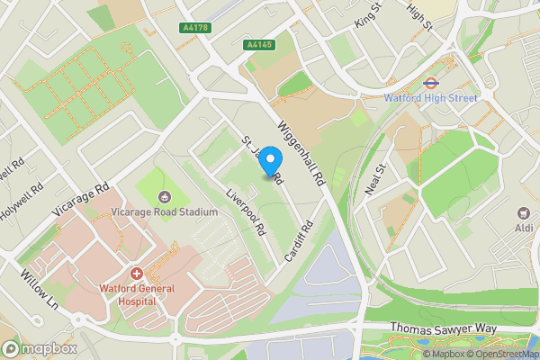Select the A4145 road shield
coord(260,44)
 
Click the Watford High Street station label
coord(430,96)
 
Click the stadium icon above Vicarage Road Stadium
coord(165,197)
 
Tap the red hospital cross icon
coord(137,273)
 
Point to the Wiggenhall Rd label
coord(301,155)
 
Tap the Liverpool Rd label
coord(246,211)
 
